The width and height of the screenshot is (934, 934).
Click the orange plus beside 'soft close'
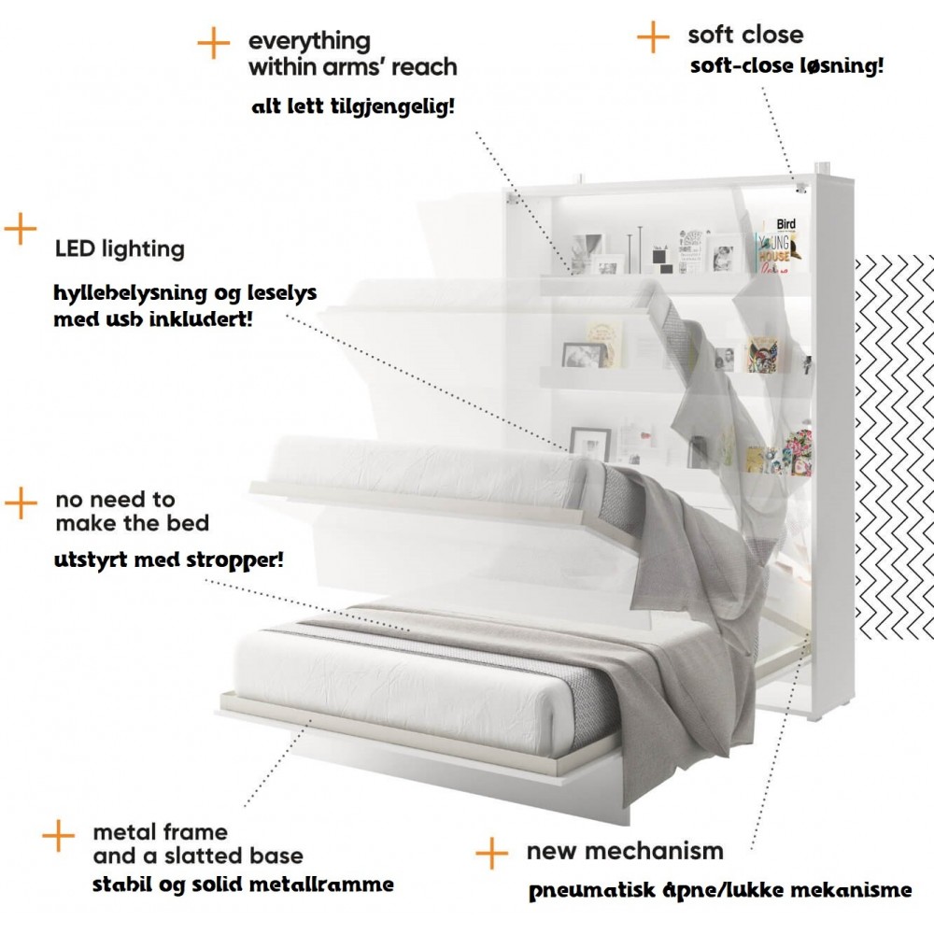(x=653, y=38)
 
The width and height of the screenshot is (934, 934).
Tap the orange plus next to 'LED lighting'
(x=20, y=229)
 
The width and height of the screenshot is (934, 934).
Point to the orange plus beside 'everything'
(x=214, y=42)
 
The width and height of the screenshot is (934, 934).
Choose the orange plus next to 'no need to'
(x=21, y=503)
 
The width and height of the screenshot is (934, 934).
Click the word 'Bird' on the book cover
(x=785, y=224)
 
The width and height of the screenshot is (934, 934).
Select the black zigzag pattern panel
(x=894, y=448)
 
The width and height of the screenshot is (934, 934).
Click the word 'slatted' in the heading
(x=205, y=856)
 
